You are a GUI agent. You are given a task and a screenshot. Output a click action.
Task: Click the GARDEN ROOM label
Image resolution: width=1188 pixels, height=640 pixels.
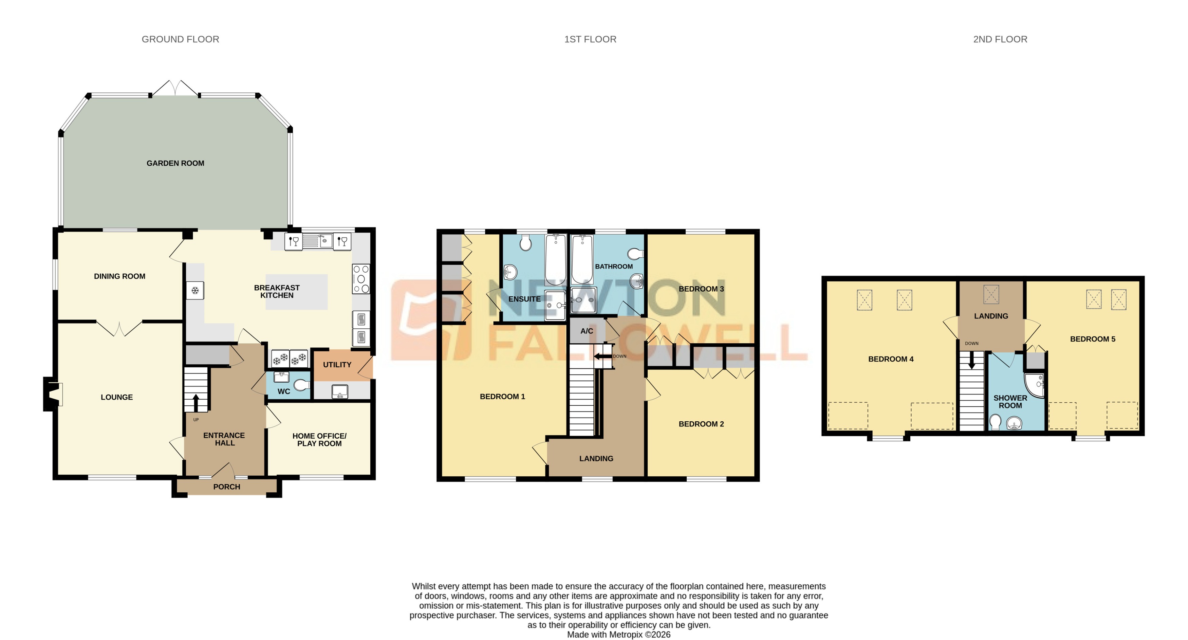point(175,163)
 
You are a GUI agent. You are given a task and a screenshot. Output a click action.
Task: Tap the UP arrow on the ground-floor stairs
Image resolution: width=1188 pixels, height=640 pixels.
point(196,402)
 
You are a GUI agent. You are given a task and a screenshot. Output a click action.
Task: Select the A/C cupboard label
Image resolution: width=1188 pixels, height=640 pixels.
point(587,331)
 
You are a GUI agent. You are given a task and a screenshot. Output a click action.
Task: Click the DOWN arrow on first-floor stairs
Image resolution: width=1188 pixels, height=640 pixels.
point(602,356)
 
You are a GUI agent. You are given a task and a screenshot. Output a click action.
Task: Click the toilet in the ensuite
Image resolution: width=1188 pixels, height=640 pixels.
point(525,243)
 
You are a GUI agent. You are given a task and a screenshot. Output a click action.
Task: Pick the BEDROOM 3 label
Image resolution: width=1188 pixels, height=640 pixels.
point(701,289)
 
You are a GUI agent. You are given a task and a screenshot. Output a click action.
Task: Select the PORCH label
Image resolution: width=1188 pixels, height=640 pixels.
point(226,487)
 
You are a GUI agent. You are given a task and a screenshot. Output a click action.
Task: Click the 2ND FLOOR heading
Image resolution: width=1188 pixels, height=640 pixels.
point(1000,39)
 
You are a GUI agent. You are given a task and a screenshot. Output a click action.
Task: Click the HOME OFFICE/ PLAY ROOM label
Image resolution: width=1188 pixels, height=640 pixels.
point(319,440)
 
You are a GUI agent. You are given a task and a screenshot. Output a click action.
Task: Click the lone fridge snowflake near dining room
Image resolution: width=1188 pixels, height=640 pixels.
point(195,291)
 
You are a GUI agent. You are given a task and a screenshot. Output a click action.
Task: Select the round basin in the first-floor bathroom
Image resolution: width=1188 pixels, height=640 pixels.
point(636,280)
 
